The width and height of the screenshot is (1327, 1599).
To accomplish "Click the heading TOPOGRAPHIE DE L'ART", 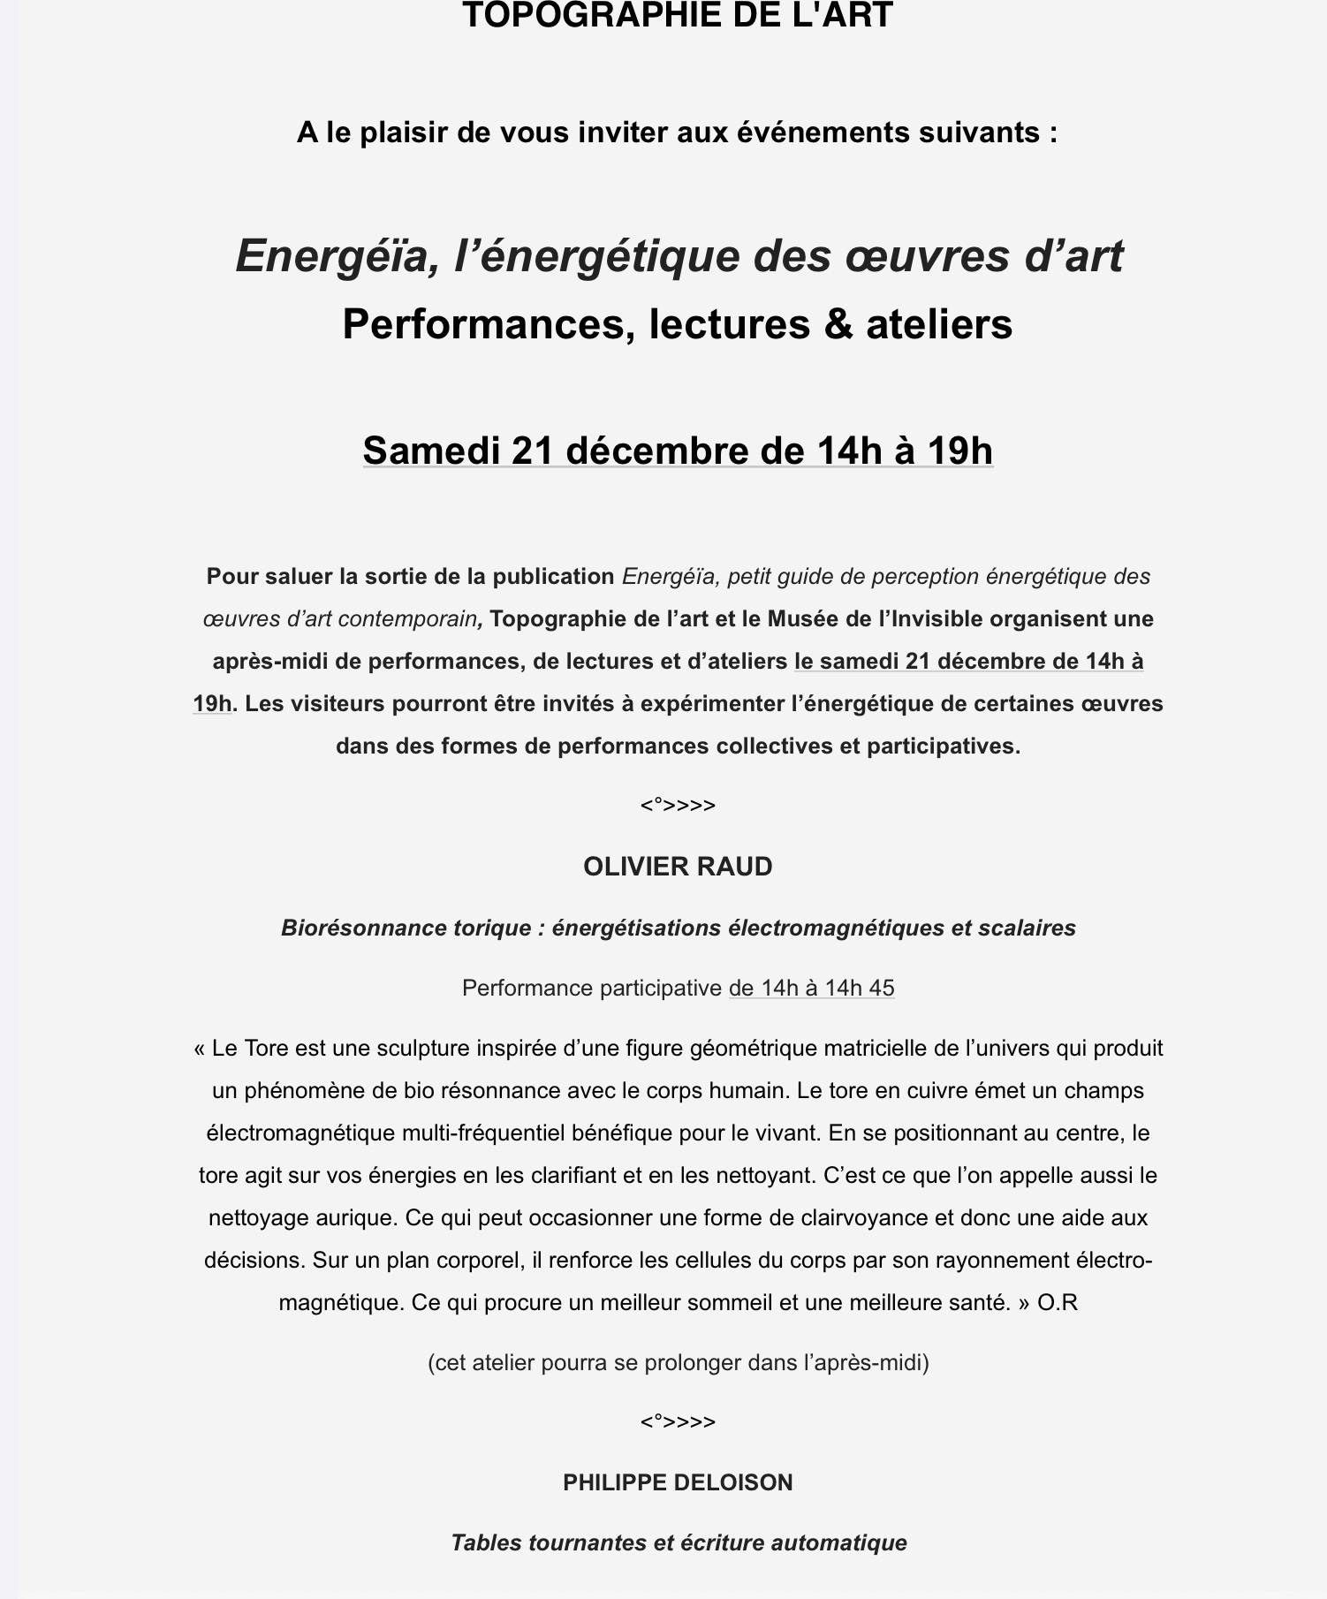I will [x=678, y=16].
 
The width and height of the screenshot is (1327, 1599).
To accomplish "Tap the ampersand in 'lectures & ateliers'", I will [x=838, y=324].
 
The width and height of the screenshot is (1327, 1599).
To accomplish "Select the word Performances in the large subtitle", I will [x=489, y=324].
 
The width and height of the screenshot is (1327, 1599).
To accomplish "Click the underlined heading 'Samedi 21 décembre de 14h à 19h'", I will [x=678, y=451].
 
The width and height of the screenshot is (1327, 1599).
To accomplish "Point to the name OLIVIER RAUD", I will [x=678, y=867].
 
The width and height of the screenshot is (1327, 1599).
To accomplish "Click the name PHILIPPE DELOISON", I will [x=678, y=1482].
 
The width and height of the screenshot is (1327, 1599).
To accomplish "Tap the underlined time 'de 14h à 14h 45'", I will [x=811, y=988].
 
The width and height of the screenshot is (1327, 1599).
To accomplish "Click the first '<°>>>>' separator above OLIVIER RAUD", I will [x=678, y=806].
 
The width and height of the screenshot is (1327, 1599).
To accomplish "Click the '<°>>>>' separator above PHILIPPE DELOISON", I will [x=678, y=1421].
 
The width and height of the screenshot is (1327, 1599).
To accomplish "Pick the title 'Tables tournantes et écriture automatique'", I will [x=678, y=1543].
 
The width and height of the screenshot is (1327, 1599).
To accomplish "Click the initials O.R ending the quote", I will [x=1058, y=1302].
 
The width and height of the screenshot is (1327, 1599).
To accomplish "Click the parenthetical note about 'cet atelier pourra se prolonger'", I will [x=678, y=1362].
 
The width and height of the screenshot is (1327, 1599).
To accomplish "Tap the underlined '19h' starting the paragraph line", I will [x=212, y=704].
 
